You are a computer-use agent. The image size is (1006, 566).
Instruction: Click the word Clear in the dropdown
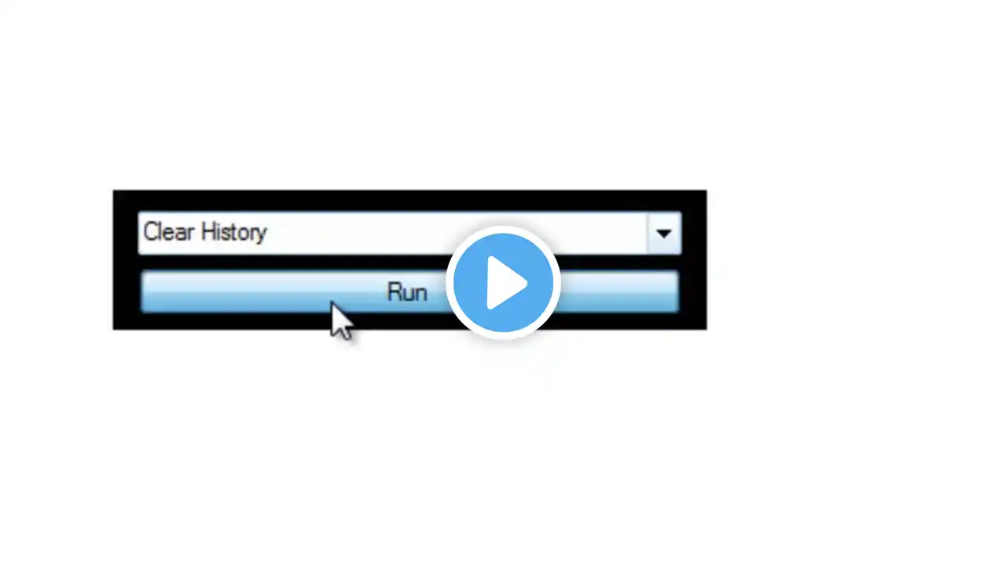point(168,232)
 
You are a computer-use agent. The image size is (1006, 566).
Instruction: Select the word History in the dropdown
point(233,233)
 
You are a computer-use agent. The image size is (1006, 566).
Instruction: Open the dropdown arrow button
point(664,233)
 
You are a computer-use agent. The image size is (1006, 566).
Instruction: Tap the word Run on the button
point(406,292)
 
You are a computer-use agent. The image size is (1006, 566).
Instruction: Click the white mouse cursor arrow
point(340,320)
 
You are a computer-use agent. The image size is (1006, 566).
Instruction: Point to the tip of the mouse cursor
point(332,302)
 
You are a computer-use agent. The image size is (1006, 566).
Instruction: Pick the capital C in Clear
point(151,232)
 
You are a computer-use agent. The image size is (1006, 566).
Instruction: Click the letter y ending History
point(262,234)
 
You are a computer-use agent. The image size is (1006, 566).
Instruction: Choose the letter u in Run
point(407,294)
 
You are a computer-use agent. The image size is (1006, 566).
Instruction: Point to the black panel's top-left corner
point(114,191)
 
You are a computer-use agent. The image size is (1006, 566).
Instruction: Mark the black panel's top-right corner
point(706,191)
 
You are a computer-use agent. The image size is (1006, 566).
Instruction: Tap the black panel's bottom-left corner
point(114,329)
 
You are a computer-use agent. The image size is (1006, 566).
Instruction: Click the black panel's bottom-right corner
point(706,329)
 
